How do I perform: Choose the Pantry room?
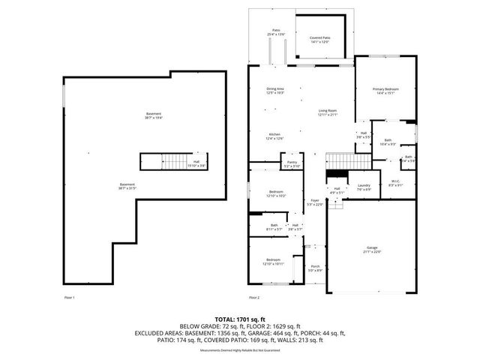[x=291, y=164]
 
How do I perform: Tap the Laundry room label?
[x=364, y=187]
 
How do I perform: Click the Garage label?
[x=372, y=250]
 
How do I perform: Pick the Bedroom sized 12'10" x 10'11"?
[x=273, y=262]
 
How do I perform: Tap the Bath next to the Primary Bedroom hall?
[x=388, y=142]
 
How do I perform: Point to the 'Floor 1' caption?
[x=69, y=298]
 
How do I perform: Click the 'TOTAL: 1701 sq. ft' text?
[x=239, y=319]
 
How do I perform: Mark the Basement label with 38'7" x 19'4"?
[x=153, y=115]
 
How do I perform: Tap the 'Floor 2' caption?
[x=256, y=298]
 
